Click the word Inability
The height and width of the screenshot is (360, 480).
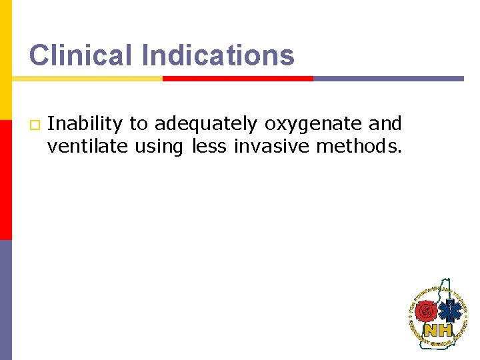85,124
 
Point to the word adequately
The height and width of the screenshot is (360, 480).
205,124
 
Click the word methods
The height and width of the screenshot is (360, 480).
359,146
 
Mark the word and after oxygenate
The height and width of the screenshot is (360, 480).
385,124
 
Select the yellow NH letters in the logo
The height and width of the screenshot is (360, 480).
439,330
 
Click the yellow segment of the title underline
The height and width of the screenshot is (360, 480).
87,78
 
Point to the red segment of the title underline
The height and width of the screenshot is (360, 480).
238,78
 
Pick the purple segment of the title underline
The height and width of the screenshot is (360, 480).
388,78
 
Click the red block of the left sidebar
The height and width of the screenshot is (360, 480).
5,160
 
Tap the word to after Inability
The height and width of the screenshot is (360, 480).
139,124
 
